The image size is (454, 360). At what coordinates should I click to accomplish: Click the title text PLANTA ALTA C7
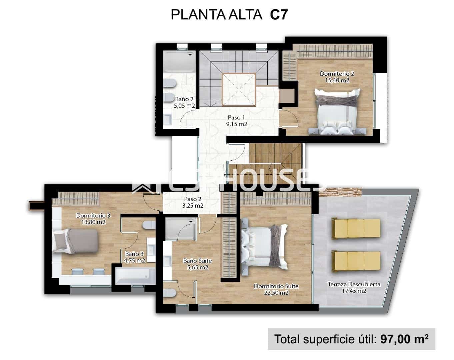coord(229,15)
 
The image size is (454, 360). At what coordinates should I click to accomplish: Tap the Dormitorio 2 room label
coord(337,74)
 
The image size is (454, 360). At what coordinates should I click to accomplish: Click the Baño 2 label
coord(184,99)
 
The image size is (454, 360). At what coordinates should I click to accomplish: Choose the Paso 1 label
coord(236,117)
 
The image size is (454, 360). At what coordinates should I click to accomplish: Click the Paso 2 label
coord(193,199)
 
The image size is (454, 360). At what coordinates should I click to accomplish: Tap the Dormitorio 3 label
coord(93,215)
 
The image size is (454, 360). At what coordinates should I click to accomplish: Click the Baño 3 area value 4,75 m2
coord(135,261)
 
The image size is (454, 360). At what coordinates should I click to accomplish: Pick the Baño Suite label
coord(197,261)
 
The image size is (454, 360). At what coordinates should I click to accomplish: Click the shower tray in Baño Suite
coord(181,228)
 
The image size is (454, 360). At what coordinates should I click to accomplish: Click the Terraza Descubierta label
coord(354,284)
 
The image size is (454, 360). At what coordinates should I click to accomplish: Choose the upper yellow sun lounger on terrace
coord(356,228)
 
